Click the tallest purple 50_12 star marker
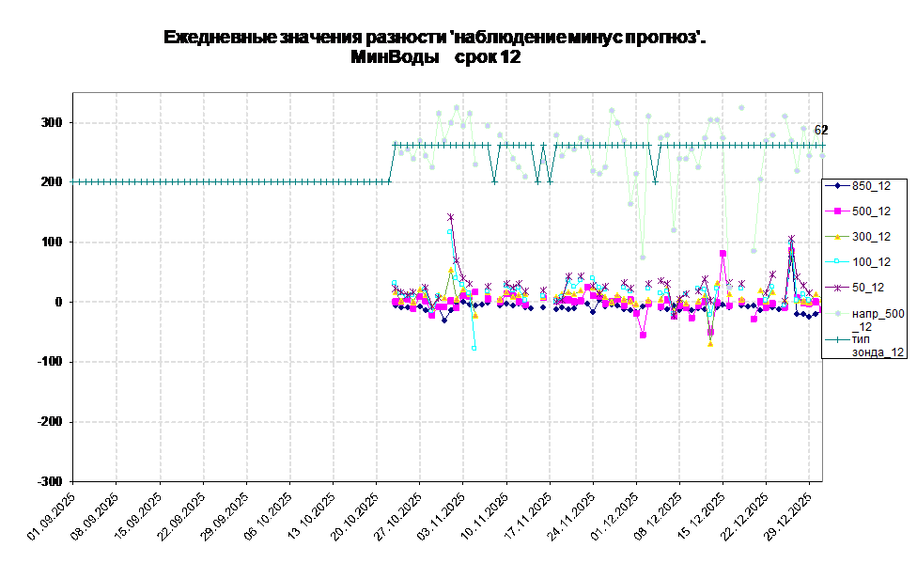[451, 217]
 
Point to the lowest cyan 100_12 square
[474, 348]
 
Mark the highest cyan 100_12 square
[451, 232]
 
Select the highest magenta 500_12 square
[723, 253]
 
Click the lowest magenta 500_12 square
[643, 335]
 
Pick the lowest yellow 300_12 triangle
[710, 344]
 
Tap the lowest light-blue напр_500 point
[643, 258]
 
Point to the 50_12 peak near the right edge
[791, 239]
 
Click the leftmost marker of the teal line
[75, 181]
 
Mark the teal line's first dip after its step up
[494, 181]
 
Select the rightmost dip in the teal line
[655, 181]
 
